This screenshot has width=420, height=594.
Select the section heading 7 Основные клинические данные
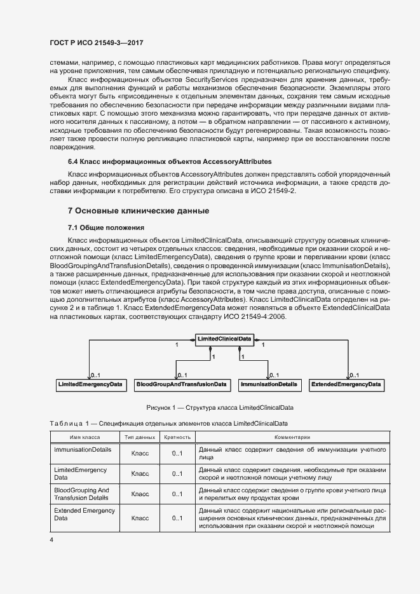(139, 210)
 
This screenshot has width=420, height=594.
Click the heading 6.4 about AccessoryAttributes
(170, 162)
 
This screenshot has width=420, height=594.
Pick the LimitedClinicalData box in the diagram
(224, 339)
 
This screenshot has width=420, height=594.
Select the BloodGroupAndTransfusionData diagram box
(182, 384)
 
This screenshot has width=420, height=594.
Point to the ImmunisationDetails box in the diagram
(268, 384)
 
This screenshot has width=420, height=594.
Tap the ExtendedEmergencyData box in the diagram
(346, 384)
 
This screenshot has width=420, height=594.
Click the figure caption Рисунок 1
(219, 407)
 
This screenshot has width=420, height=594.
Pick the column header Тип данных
(140, 437)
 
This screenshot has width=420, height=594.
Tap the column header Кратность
(177, 437)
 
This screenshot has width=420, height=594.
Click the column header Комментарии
(292, 437)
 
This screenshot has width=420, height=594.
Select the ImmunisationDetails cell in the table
(83, 449)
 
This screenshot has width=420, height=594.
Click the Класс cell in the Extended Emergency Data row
(140, 518)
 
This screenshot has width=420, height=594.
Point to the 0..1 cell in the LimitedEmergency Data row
(177, 474)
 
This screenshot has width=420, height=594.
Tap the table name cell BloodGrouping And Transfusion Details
(81, 494)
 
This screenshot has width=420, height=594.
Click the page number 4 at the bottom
(52, 540)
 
